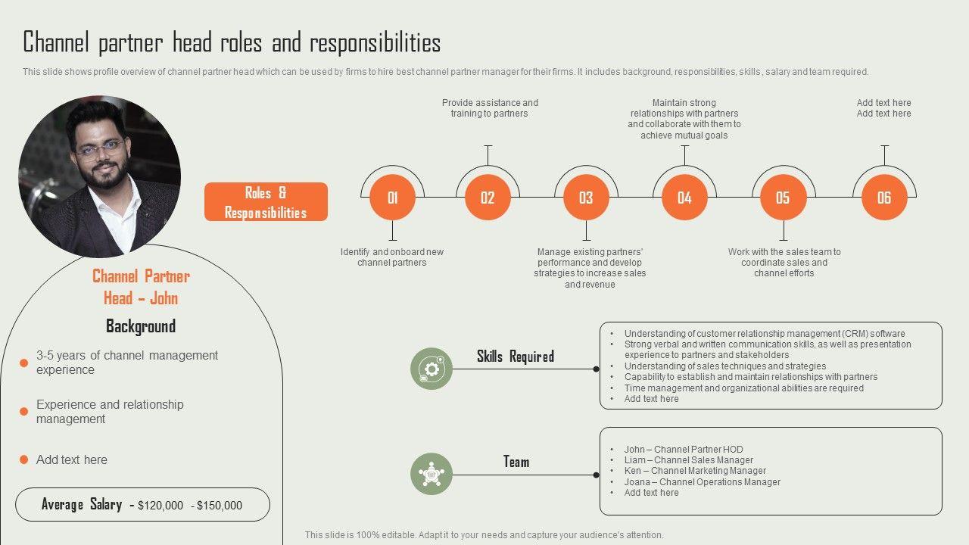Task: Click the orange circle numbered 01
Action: click(392, 198)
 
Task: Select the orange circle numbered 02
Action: click(488, 198)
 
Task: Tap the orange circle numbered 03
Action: click(586, 198)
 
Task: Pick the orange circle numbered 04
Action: click(684, 198)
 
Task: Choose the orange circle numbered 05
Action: click(783, 198)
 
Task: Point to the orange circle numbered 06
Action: click(884, 198)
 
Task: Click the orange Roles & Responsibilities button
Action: click(266, 202)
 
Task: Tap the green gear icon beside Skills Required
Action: click(432, 369)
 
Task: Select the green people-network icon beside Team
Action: click(432, 474)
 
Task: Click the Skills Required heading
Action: click(516, 356)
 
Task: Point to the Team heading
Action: click(516, 461)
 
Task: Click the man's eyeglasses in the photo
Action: click(99, 148)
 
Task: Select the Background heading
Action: click(141, 326)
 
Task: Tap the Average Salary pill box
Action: click(142, 505)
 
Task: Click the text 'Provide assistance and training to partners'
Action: click(490, 108)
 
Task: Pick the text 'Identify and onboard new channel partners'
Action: click(392, 257)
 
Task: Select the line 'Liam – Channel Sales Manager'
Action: click(688, 460)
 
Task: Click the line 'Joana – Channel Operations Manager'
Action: click(702, 481)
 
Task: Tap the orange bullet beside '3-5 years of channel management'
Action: click(23, 363)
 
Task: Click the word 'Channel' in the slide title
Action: click(58, 42)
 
